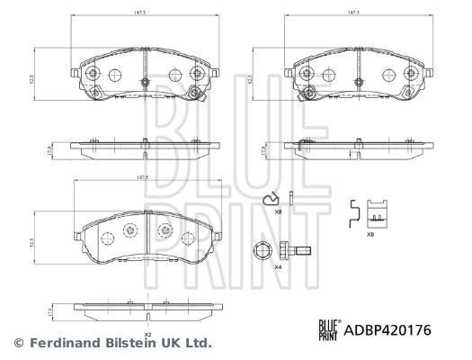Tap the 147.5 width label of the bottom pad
140,179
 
